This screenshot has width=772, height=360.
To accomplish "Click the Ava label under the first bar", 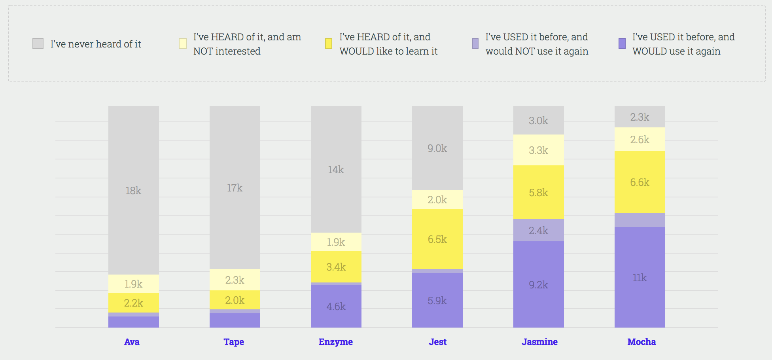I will tap(132, 342).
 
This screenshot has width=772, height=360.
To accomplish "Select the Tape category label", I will tap(234, 342).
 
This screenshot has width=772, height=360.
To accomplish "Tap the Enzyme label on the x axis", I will tap(336, 342).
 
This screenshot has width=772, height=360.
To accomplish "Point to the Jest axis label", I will tap(438, 342).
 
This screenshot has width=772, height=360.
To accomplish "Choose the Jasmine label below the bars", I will tap(539, 342).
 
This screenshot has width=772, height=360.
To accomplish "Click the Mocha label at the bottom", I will tap(641, 342).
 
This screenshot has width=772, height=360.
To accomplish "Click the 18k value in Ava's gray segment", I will tap(133, 191).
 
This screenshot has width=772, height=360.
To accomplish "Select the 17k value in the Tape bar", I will tap(235, 188).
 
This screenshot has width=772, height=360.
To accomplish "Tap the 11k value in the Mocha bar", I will tap(640, 278).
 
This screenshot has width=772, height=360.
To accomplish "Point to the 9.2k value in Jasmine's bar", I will tap(538, 285).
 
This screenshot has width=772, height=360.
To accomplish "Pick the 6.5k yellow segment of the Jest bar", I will tap(437, 239).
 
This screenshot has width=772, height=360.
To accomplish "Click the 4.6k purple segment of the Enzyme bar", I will tap(336, 307).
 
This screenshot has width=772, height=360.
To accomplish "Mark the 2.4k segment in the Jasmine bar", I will tap(538, 231).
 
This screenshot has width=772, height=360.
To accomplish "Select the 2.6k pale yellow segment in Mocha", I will tap(640, 140).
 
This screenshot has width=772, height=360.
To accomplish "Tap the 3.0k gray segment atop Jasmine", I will tap(538, 121).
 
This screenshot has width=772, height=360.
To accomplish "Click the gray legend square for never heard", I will tap(38, 44).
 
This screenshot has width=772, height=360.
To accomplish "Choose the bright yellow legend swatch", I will tap(329, 44).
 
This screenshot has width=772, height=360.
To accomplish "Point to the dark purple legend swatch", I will tap(622, 44).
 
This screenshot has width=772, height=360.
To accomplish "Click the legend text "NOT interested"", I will tap(227, 51).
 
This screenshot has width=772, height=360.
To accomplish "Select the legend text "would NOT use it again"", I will tap(537, 51).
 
